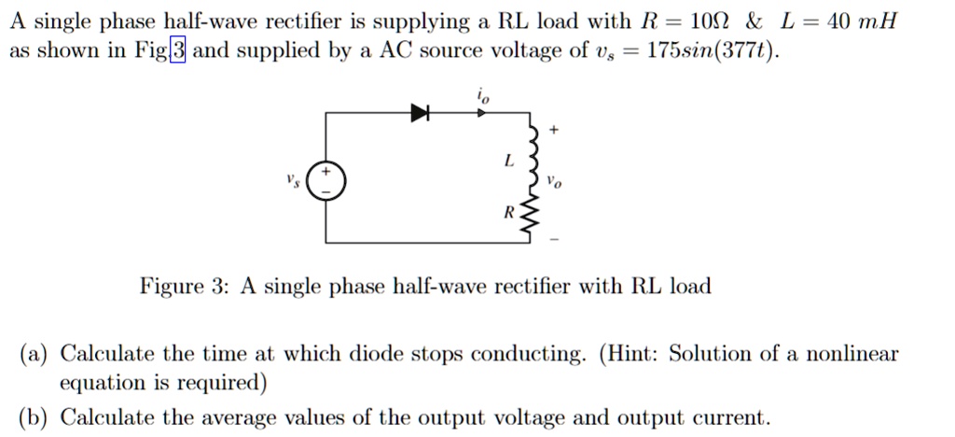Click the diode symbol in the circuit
[x=421, y=113]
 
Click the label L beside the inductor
[x=508, y=161]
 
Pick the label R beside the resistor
[x=508, y=213]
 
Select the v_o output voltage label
[x=555, y=183]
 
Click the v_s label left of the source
[x=296, y=179]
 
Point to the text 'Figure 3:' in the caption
[x=185, y=286]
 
